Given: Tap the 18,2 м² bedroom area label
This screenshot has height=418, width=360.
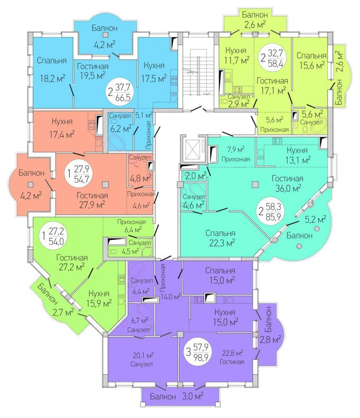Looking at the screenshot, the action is point(53,78).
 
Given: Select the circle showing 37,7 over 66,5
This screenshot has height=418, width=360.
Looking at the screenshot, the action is point(120,92).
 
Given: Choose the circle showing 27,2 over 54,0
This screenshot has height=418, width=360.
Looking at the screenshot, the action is point(53,236).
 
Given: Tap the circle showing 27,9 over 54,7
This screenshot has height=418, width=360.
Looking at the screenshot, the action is point(79,174).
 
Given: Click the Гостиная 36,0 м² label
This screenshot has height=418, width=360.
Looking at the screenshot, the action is point(286,183).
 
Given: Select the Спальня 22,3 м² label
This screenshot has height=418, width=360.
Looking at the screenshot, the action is point(221,238).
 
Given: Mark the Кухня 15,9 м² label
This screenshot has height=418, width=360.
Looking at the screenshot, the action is point(99,298).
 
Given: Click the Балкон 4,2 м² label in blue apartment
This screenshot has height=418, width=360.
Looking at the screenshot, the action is point(104,36).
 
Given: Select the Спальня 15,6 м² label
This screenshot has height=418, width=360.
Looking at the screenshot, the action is point(311,60).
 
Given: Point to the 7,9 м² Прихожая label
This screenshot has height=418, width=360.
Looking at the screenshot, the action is point(236,154).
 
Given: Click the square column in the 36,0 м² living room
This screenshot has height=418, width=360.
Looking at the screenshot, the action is point(256,184).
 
